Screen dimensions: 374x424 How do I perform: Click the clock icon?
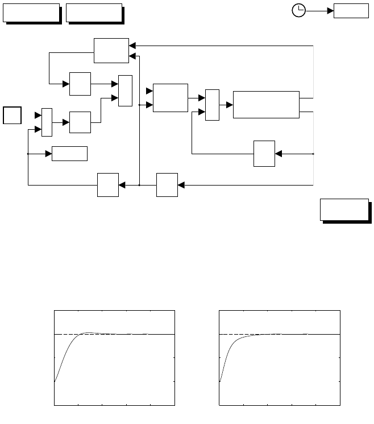[x=298, y=10]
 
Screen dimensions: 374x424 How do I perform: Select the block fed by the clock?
[x=350, y=10]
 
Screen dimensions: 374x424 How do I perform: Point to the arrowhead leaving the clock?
[x=330, y=10]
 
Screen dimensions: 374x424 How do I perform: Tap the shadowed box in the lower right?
[x=343, y=210]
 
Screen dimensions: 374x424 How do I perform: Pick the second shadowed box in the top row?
[x=94, y=13]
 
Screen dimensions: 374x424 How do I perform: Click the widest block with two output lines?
[x=266, y=104]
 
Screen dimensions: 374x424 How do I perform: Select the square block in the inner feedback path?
[x=264, y=154]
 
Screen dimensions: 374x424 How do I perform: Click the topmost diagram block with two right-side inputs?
[x=111, y=50]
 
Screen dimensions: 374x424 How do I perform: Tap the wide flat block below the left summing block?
[x=69, y=154]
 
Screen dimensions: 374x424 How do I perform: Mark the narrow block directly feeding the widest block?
[x=212, y=105]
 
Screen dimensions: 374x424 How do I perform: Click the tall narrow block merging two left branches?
[x=125, y=90]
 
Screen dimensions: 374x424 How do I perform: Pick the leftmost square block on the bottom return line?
[x=108, y=185]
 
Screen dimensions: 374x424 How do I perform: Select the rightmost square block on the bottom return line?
[x=167, y=185]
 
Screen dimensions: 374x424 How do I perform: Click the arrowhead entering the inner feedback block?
[x=278, y=154]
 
